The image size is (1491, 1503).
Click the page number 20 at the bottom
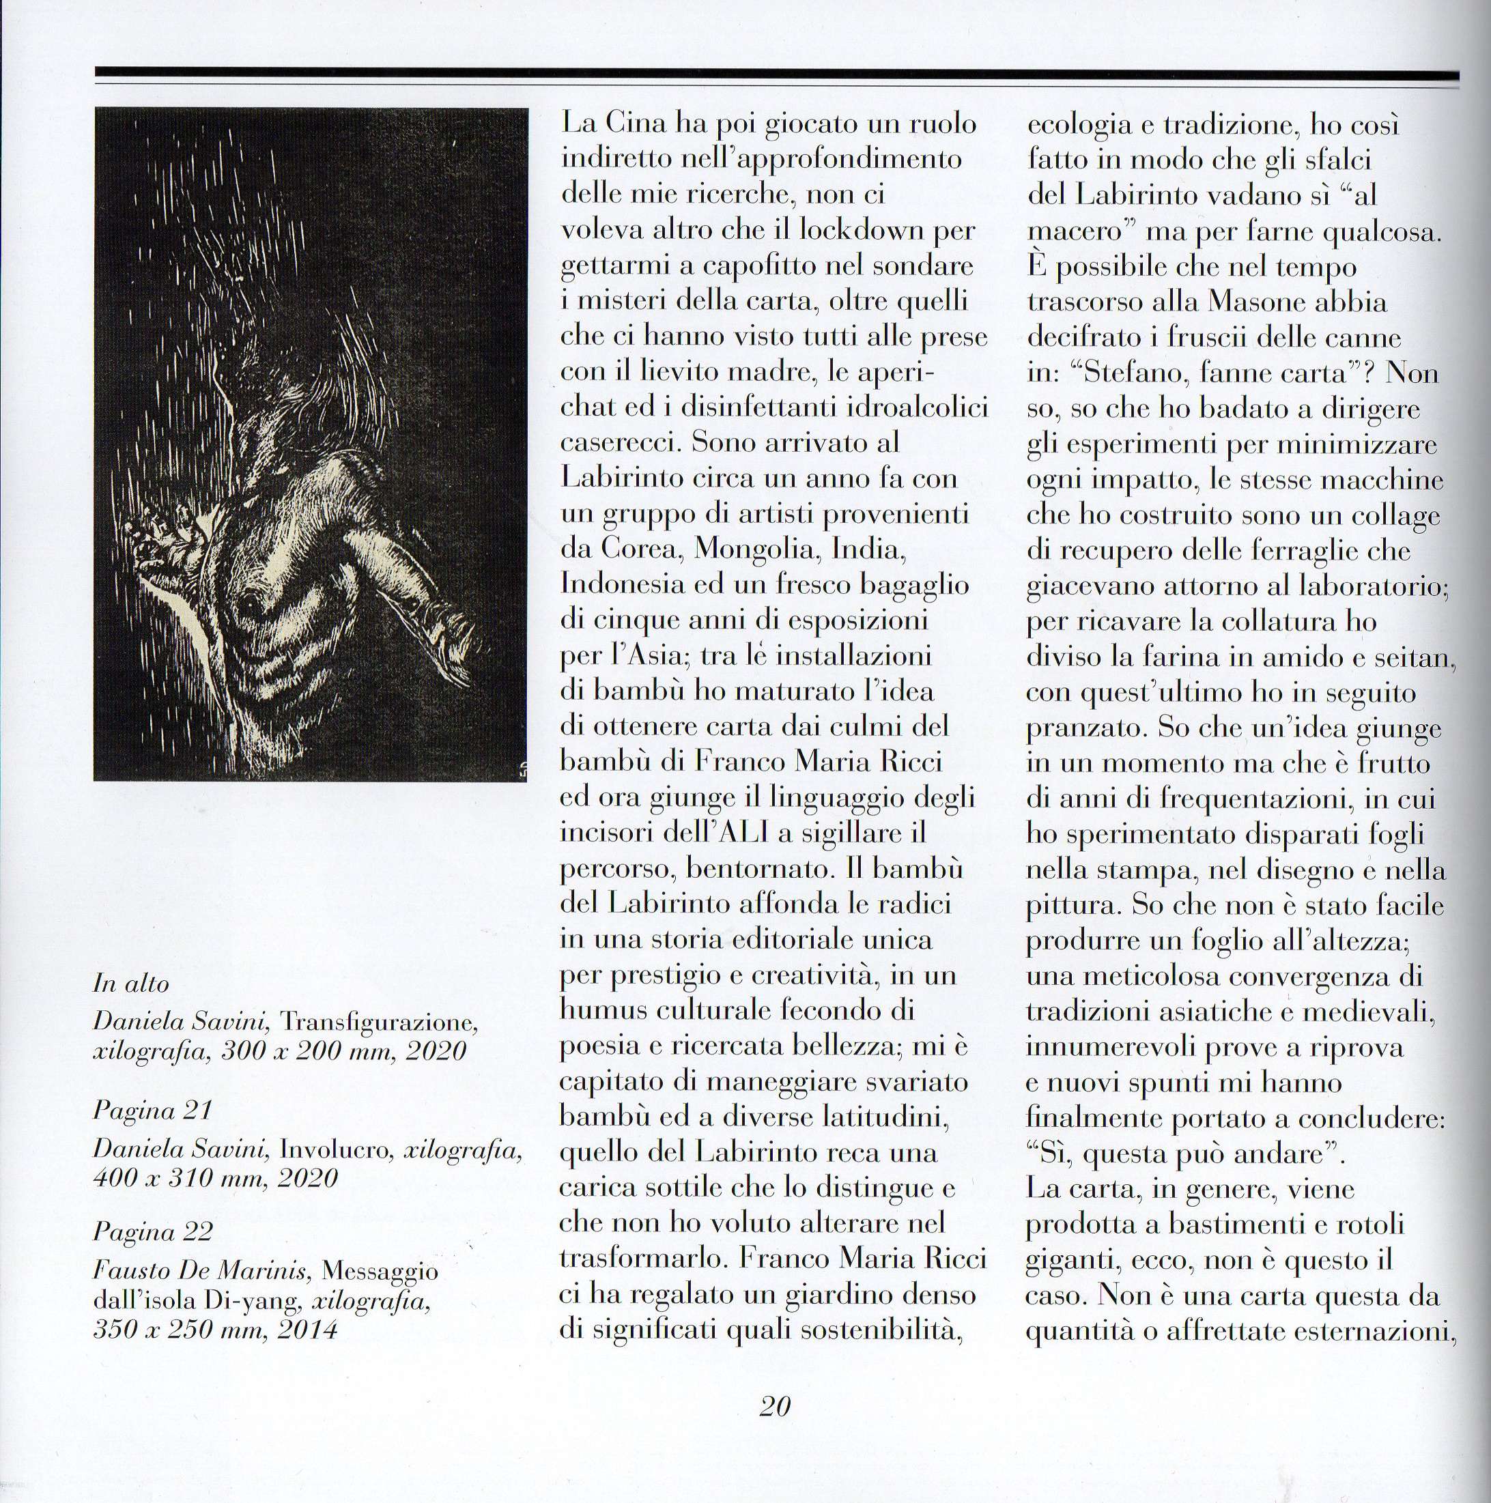coord(775,1406)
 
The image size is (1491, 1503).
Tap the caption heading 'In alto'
coord(130,984)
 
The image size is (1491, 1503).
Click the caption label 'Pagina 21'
coord(152,1110)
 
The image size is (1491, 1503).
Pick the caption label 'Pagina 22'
coord(152,1232)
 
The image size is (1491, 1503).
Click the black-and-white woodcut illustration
coord(311,444)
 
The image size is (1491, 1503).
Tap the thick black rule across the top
coord(775,73)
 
